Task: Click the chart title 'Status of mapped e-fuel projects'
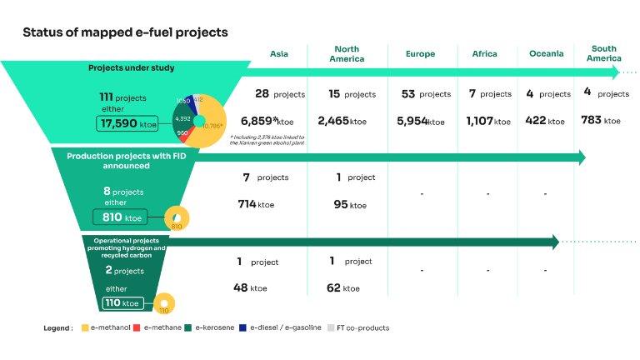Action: tap(125, 32)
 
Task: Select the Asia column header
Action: tap(279, 54)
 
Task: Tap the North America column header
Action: tap(347, 54)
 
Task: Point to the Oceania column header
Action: tap(546, 54)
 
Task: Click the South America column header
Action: tap(603, 53)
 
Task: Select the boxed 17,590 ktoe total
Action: tap(127, 124)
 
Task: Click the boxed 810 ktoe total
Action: tap(120, 217)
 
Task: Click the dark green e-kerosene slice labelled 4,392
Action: tap(184, 119)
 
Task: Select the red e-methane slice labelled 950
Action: tap(183, 132)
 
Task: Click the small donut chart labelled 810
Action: tap(177, 218)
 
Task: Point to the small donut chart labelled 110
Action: tap(163, 303)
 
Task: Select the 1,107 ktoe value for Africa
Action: tap(488, 122)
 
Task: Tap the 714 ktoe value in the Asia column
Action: tap(256, 204)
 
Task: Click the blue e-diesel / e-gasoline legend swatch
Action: tap(241, 327)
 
